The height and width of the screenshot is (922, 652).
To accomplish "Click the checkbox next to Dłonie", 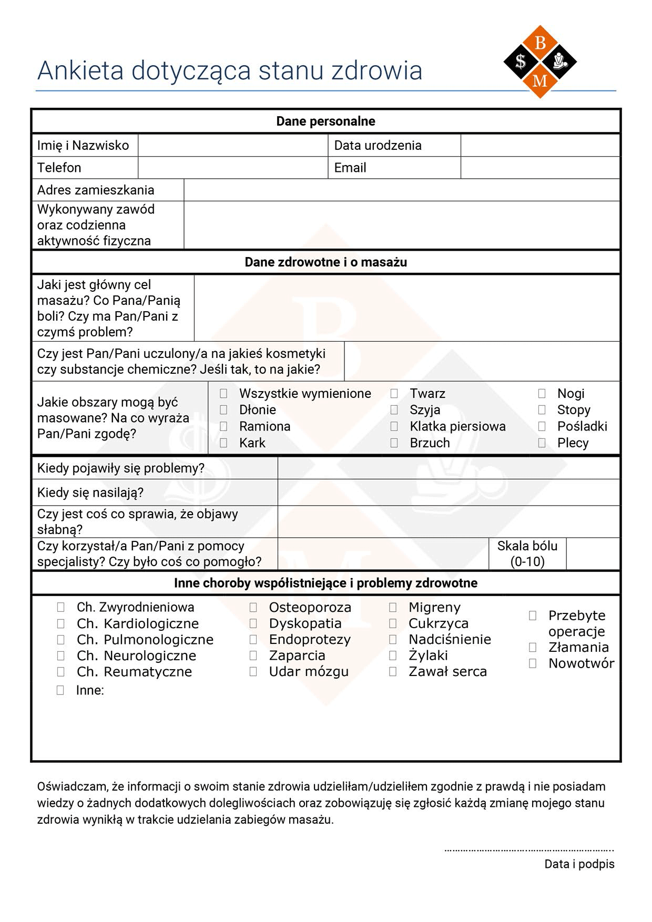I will tap(223, 409).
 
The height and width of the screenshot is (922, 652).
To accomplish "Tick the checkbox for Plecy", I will tap(542, 443).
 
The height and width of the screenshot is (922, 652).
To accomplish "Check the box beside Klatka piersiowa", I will tap(394, 426).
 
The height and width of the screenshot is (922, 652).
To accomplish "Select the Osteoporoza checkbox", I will tap(253, 608).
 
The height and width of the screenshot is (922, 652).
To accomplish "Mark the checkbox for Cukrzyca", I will tap(393, 623).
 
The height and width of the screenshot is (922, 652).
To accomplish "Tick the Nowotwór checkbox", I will tap(533, 663).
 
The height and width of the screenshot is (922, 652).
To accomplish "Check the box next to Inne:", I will tap(60, 690).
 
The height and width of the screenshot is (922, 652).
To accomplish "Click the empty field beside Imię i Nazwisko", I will tap(232, 146).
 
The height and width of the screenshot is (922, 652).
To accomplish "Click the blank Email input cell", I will tap(540, 168).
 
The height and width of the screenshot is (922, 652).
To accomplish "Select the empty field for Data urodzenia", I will tap(540, 146).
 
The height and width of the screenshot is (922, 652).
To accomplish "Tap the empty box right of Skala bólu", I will tap(593, 554).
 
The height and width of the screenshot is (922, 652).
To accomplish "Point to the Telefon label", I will tap(59, 168).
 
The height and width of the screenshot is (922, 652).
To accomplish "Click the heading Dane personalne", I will tap(325, 121).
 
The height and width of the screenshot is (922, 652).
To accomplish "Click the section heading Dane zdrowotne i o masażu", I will tap(325, 262).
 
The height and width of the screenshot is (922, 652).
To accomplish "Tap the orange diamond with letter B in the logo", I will tap(540, 43).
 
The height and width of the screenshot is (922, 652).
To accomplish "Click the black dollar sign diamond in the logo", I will tap(521, 62).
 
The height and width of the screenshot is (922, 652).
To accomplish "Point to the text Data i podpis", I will tap(579, 864).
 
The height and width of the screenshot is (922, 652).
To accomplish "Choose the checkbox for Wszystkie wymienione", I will tap(223, 393).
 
